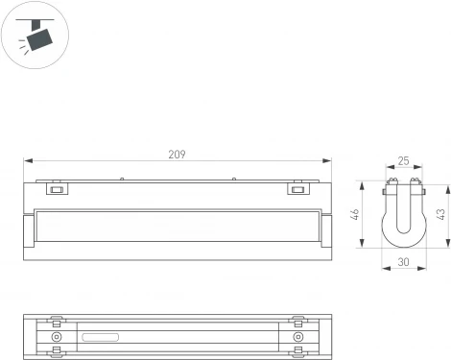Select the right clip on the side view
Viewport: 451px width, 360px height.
click(x=298, y=188)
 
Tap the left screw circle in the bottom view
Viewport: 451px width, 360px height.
click(x=57, y=338)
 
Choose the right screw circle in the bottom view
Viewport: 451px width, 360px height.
click(x=297, y=338)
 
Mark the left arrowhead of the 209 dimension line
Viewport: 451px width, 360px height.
click(x=29, y=161)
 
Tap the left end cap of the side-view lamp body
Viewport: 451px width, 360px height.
click(x=31, y=234)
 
